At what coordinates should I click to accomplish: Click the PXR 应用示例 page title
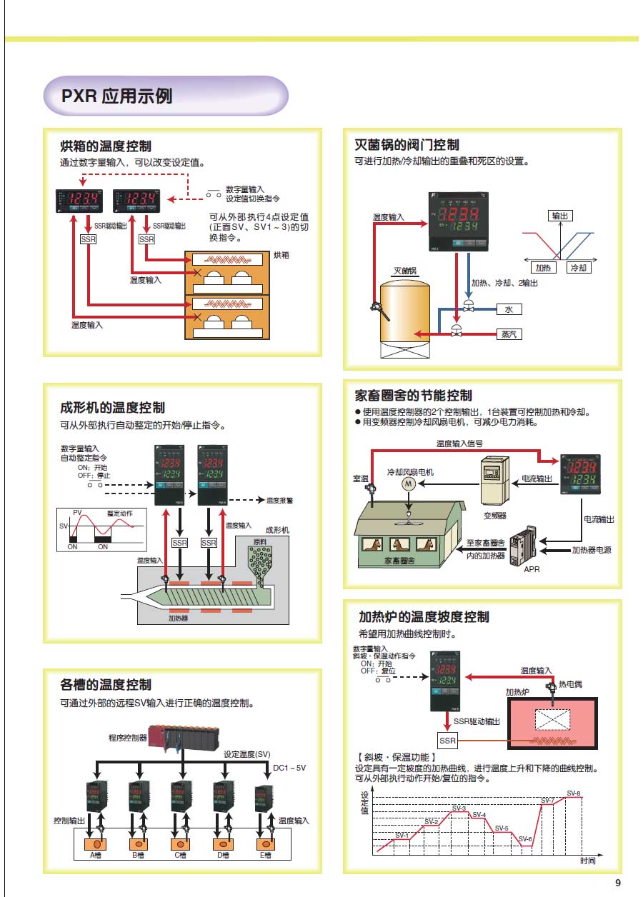coord(116,96)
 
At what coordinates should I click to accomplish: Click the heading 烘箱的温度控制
coord(106,146)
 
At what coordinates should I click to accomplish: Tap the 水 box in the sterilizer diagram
coord(509,309)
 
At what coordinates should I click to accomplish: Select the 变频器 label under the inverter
coord(495,514)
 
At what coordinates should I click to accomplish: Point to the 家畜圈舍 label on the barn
coord(401,561)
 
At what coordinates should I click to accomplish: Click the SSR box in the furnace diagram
coord(447,740)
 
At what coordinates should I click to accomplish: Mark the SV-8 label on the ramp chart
coord(574,793)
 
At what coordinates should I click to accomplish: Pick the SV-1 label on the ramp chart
coord(402,835)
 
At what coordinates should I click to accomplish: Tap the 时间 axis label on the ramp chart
coord(588,861)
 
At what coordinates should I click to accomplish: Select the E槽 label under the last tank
coord(266,855)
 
